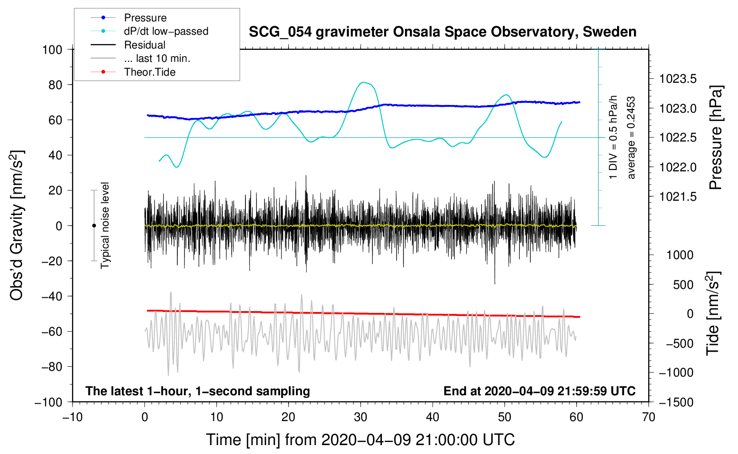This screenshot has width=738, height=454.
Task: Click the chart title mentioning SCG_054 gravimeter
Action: [x=442, y=32]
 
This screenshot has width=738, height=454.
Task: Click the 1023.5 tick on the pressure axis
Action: [x=678, y=79]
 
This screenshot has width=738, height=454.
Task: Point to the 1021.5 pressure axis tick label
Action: [x=678, y=197]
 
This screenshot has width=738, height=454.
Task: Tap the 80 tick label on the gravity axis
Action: [x=55, y=85]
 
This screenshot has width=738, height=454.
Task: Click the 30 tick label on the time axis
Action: [x=361, y=418]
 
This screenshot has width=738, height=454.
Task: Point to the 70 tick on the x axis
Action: [x=649, y=418]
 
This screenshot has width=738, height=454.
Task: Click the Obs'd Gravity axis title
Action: [x=17, y=225]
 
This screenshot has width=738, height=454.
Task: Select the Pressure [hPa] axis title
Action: [x=716, y=138]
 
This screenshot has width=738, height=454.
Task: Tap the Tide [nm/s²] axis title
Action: [x=713, y=313]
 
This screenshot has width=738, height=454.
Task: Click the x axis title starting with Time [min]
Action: [x=361, y=440]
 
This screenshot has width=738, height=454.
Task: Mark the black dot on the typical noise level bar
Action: [x=94, y=226]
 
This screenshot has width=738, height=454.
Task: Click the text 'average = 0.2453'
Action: [x=631, y=138]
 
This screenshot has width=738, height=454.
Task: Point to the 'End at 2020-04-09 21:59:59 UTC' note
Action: [x=539, y=391]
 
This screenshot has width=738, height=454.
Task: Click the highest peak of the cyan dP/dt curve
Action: [x=363, y=82]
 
